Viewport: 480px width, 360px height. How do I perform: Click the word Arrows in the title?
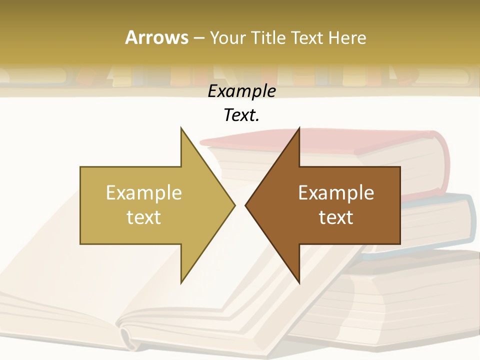coord(156,37)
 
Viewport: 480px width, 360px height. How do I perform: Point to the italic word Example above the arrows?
coord(242,91)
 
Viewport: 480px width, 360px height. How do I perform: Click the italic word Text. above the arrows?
coord(242,115)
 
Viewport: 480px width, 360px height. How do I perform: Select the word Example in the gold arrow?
coord(144,193)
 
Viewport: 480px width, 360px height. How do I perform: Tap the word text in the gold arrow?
coord(144,217)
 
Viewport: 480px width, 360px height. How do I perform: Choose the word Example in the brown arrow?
coord(336,193)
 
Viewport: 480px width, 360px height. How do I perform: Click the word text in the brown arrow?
coord(336,217)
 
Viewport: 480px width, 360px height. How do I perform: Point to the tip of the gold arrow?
coord(233,205)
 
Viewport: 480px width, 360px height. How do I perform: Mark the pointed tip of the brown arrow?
coord(246,205)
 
